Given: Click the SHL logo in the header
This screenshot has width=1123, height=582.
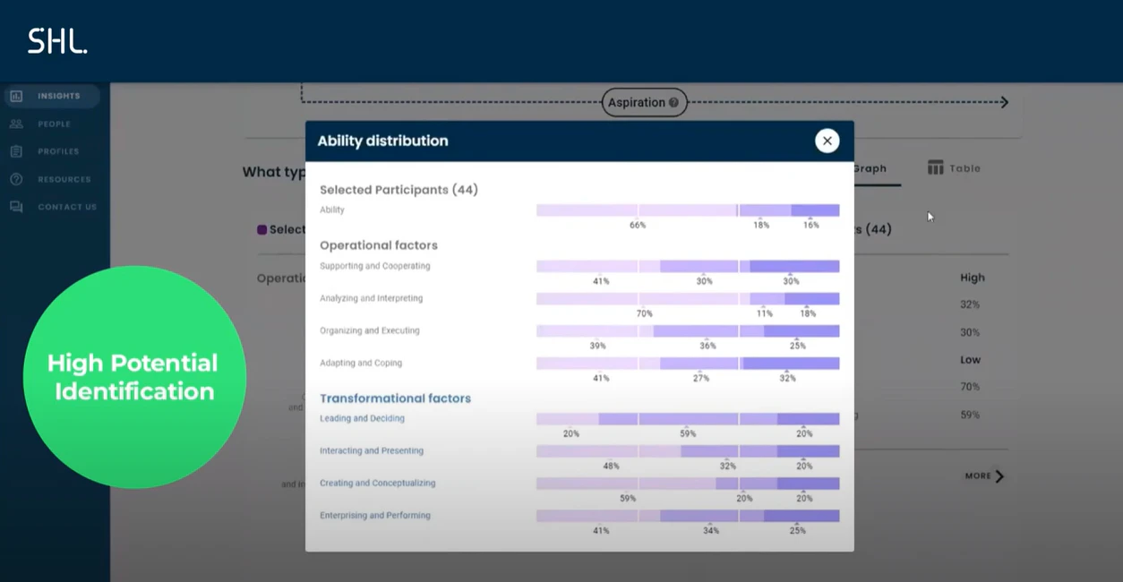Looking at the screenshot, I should (57, 41).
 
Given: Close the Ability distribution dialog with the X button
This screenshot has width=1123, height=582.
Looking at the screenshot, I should (827, 141).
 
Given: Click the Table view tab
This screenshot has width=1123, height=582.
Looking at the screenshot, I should (955, 168).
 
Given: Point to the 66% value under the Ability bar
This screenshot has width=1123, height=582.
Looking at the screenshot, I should (638, 226).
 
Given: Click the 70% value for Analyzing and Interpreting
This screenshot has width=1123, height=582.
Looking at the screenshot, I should (645, 313).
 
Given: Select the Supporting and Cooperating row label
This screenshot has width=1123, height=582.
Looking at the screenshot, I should (374, 266).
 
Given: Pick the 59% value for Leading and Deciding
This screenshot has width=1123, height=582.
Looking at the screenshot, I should (688, 433).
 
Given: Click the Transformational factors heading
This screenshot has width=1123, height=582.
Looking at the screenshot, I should (395, 398).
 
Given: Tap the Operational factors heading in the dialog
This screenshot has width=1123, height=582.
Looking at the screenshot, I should (378, 245).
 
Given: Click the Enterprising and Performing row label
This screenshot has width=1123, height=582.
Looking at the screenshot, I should (374, 516).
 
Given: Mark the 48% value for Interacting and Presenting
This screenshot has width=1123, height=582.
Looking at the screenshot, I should (611, 466).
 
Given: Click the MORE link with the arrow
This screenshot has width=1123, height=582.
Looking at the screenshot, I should (984, 476).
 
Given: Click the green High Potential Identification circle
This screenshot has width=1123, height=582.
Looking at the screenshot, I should (134, 377).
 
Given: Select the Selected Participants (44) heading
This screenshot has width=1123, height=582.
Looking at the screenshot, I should (399, 190).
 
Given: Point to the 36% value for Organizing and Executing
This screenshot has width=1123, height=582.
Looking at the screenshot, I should (707, 346).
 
